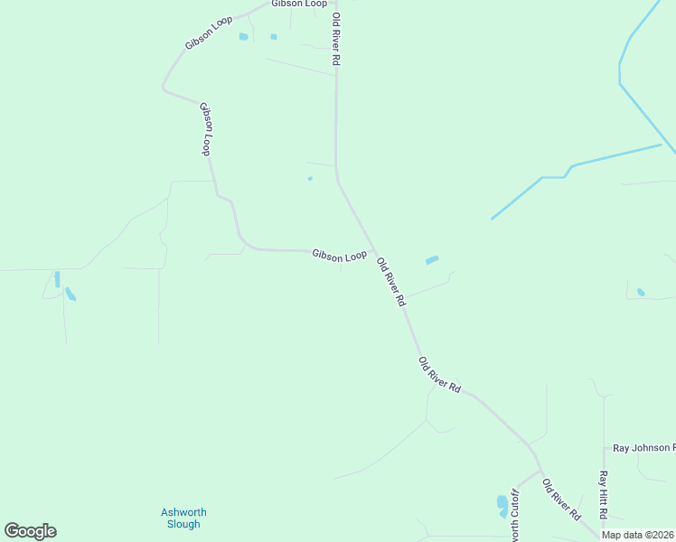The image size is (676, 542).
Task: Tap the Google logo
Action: (30, 531)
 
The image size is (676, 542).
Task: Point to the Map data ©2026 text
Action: (638, 535)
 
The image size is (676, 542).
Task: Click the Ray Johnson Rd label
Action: (643, 448)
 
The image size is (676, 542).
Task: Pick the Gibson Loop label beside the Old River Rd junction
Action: (340, 256)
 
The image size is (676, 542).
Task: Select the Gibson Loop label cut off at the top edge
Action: (299, 4)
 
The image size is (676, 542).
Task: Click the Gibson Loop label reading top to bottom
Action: (207, 129)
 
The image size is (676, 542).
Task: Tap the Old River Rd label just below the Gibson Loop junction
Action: (390, 283)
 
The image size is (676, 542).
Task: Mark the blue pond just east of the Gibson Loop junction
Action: (432, 260)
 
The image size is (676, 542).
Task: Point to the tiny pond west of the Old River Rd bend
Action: (310, 178)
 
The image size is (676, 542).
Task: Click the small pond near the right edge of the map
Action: (641, 292)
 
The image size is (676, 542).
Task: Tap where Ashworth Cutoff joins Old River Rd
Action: (540, 470)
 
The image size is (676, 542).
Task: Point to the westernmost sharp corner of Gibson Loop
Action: (163, 88)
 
